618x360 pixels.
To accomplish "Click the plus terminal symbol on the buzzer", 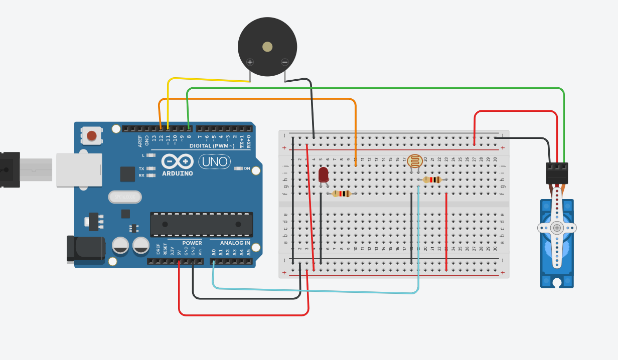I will (250, 62).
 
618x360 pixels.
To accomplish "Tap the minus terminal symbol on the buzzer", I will (285, 62).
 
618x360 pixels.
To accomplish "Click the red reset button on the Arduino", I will (92, 135).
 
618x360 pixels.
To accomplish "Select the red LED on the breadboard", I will (324, 174).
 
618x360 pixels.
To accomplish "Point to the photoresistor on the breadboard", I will (415, 161).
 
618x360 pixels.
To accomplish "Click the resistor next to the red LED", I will (342, 194).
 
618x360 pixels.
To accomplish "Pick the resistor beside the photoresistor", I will (432, 179).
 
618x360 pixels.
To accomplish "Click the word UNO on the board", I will (215, 161).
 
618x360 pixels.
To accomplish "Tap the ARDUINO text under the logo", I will (178, 173).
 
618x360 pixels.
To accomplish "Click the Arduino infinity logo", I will (178, 161).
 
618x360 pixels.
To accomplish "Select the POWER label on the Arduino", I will (192, 243).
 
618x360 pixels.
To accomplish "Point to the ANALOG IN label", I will (235, 243).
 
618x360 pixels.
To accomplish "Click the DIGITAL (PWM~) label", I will (212, 146).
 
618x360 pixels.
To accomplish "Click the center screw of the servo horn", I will (557, 228).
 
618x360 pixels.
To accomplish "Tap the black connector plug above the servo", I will (557, 173).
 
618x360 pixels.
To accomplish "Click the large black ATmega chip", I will (201, 224).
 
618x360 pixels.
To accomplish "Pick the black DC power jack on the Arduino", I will (85, 249).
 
